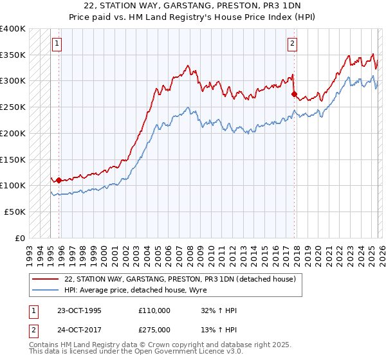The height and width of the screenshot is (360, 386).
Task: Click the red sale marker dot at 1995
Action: [59, 181]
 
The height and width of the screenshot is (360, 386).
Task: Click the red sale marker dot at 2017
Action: [294, 94]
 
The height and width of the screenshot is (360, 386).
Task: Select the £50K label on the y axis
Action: [15, 212]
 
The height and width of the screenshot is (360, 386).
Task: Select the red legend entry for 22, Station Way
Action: [179, 279]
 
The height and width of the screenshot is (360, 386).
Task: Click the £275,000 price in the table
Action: [154, 330]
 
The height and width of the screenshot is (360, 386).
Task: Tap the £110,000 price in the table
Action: [154, 310]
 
